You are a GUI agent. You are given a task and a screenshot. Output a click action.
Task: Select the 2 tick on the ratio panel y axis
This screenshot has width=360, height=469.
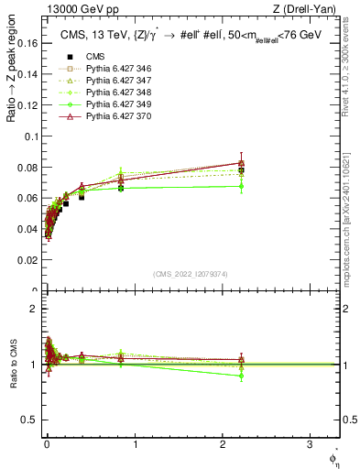[35, 308]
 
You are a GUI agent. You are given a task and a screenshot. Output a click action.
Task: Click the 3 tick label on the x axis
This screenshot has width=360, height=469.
[309, 446]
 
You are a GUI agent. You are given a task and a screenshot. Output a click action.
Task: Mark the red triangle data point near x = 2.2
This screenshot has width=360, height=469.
[241, 163]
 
